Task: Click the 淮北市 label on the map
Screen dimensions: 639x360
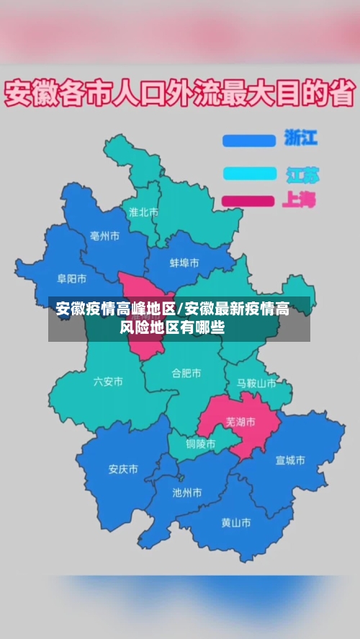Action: (x=143, y=212)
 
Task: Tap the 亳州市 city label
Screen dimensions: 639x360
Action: (x=104, y=236)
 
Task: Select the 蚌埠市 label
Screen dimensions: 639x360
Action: (x=184, y=263)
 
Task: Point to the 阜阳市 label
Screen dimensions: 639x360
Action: (x=72, y=278)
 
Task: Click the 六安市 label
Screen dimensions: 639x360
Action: (x=108, y=381)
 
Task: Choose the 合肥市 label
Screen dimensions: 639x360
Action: (x=186, y=373)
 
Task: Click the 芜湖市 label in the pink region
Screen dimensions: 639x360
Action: (x=240, y=422)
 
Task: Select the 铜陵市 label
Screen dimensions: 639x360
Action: (x=200, y=444)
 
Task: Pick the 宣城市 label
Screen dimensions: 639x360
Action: (x=290, y=460)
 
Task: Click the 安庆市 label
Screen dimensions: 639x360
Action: (x=123, y=469)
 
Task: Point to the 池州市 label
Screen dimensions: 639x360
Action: (x=187, y=493)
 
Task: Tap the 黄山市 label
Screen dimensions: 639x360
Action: (x=236, y=522)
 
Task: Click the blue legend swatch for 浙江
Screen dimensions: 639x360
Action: (x=249, y=140)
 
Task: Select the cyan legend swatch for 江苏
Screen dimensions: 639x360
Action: (x=249, y=173)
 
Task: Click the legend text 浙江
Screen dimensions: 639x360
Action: (x=300, y=137)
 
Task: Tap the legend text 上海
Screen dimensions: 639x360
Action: (x=299, y=199)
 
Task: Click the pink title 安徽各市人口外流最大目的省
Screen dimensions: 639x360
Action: (x=180, y=94)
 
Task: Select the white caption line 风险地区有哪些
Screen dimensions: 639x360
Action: (x=172, y=328)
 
